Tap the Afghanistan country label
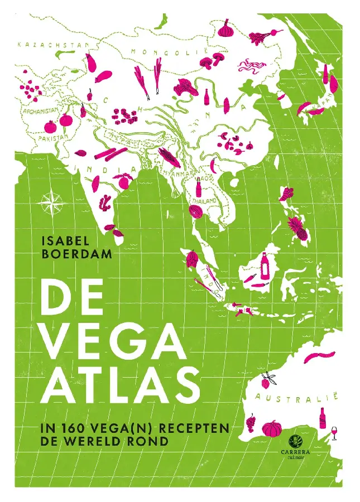pyautogui.click(x=40, y=110)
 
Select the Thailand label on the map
pyautogui.click(x=205, y=200)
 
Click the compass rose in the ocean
pyautogui.click(x=52, y=201)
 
